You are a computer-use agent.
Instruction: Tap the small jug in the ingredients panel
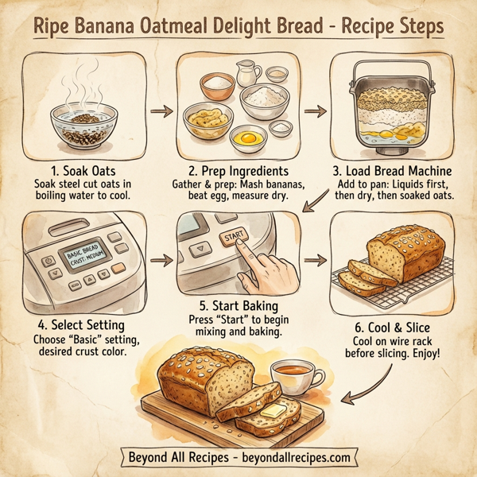tap(248, 75)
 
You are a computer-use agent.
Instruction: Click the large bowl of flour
tap(266, 101)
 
